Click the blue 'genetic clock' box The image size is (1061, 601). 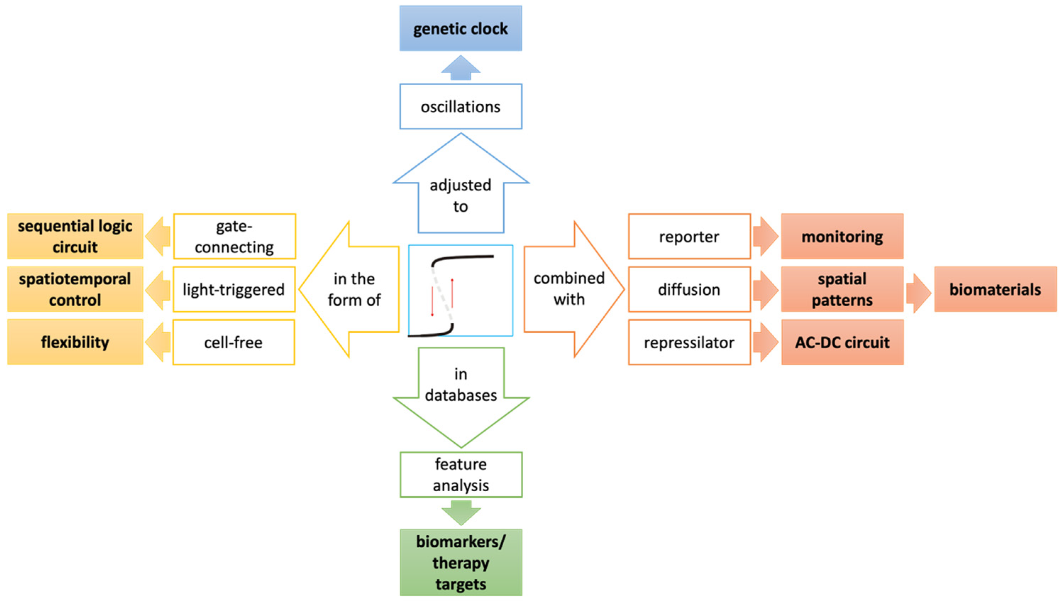pyautogui.click(x=460, y=28)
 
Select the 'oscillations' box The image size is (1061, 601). pyautogui.click(x=460, y=106)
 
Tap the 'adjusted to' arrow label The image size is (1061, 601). pyautogui.click(x=460, y=196)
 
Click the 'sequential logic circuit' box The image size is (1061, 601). pyautogui.click(x=75, y=236)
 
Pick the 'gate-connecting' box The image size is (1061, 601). pyautogui.click(x=234, y=236)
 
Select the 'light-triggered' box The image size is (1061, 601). pyautogui.click(x=234, y=289)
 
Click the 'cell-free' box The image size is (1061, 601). pyautogui.click(x=233, y=342)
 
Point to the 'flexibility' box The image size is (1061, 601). pyautogui.click(x=75, y=342)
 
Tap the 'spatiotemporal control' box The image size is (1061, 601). pyautogui.click(x=75, y=289)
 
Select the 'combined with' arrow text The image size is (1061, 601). pyautogui.click(x=569, y=289)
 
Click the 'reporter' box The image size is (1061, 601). pyautogui.click(x=689, y=236)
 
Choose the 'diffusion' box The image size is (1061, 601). pyautogui.click(x=689, y=289)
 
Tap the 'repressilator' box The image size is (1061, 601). pyautogui.click(x=689, y=342)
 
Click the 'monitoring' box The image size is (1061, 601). pyautogui.click(x=842, y=236)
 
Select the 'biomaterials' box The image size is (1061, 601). pyautogui.click(x=995, y=289)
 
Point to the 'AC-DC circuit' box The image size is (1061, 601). pyautogui.click(x=842, y=342)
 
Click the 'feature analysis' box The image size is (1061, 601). pyautogui.click(x=460, y=475)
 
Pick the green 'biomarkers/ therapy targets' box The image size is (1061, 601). pyautogui.click(x=460, y=562)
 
